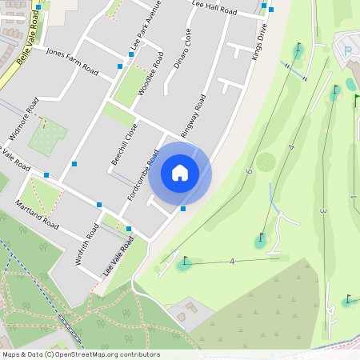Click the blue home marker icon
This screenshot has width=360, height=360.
180,172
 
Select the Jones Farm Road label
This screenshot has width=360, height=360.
72,62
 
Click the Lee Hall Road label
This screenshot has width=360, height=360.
215,9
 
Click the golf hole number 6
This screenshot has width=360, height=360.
249,171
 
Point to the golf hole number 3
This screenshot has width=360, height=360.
322,210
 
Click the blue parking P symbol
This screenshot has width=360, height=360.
347,50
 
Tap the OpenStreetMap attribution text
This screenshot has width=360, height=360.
81,354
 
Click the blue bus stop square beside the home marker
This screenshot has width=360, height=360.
183,209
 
